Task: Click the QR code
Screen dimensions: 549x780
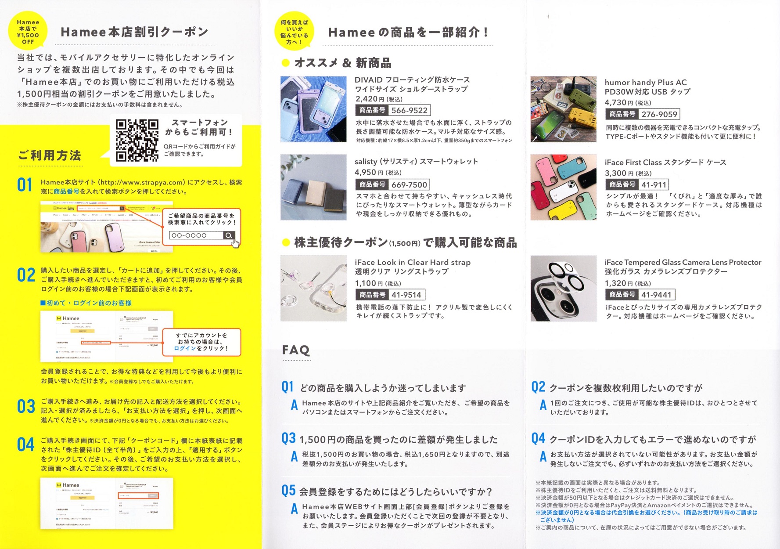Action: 137,141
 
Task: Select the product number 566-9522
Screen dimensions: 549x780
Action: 409,110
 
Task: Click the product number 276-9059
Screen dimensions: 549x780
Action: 659,114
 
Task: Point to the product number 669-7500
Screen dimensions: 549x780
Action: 409,185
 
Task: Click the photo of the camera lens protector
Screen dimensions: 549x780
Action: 564,288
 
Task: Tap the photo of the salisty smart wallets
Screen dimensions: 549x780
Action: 313,187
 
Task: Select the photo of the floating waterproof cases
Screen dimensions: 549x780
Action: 313,109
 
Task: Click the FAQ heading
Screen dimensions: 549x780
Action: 296,350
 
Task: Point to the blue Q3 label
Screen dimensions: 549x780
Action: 288,438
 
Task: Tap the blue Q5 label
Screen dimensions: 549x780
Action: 288,490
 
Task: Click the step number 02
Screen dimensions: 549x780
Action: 26,275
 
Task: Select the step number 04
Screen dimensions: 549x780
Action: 26,445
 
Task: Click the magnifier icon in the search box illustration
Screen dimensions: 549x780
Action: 229,235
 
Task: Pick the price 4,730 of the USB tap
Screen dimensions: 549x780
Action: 615,102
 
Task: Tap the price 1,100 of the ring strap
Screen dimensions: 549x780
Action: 365,283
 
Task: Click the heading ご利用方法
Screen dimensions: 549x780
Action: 50,155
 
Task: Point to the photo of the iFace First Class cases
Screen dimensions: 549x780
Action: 564,187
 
